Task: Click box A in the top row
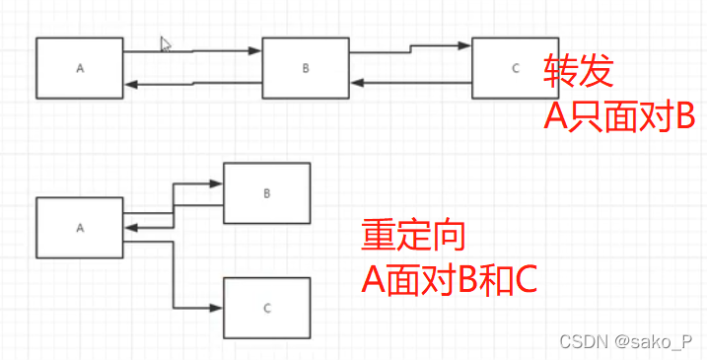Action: pyautogui.click(x=80, y=68)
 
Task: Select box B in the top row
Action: pyautogui.click(x=306, y=68)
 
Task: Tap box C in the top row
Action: pyautogui.click(x=515, y=67)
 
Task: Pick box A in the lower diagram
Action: pyautogui.click(x=80, y=227)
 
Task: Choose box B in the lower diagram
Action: pyautogui.click(x=266, y=193)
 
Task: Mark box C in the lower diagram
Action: pyautogui.click(x=266, y=308)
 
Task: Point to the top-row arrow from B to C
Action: pyautogui.click(x=409, y=46)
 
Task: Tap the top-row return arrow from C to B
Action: pyautogui.click(x=409, y=83)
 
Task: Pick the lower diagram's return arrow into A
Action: pyautogui.click(x=148, y=227)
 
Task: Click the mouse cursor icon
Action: pyautogui.click(x=166, y=43)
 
